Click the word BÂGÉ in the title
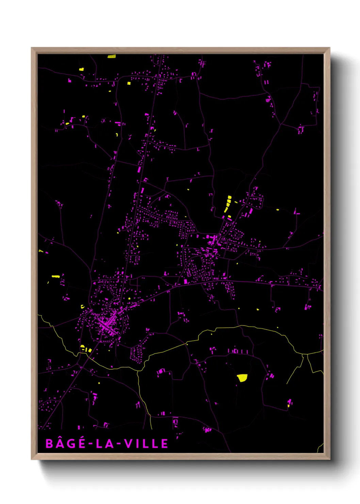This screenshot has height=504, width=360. tap(65, 443)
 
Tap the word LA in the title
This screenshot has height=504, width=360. tap(105, 444)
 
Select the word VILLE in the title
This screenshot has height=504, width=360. tap(146, 444)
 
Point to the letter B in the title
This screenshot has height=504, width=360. tap(49, 444)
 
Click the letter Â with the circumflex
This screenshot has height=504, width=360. tap(60, 443)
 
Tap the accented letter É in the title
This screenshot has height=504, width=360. tap(81, 443)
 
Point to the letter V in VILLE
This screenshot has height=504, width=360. tap(128, 444)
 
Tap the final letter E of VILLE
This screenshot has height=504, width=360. tap(164, 444)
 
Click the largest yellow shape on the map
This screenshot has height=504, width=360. tap(242, 378)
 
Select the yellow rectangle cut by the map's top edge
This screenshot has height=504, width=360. tap(112, 56)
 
